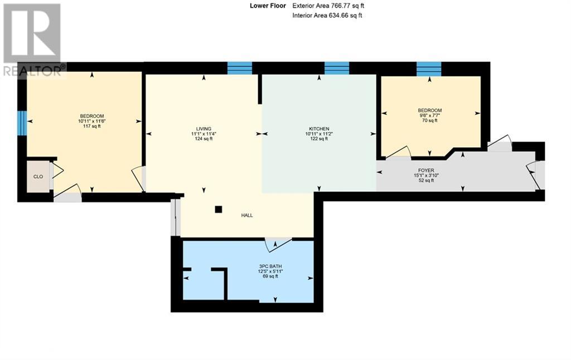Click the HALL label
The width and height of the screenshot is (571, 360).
point(247,215)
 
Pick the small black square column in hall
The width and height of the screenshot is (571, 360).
point(219,210)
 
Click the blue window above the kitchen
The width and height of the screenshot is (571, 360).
point(336,68)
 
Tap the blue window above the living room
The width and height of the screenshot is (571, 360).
point(239,68)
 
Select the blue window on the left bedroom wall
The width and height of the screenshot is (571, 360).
point(22,123)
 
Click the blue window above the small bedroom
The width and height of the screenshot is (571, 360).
point(429,69)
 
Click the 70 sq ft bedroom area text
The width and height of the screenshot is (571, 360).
point(429,120)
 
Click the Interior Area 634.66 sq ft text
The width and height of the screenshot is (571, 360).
point(327,16)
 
